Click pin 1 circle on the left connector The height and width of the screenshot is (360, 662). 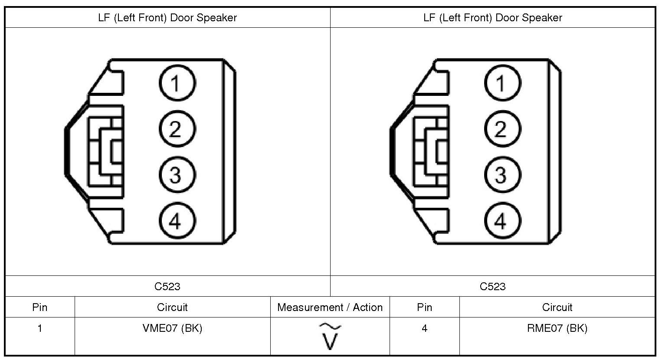[177, 83]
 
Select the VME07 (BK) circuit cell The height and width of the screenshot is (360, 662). [172, 328]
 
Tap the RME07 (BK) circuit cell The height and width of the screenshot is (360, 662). [557, 328]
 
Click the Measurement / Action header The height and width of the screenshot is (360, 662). [330, 308]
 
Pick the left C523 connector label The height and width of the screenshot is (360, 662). [167, 286]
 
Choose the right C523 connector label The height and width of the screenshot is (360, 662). [493, 286]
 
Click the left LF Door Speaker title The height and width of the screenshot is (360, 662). [167, 18]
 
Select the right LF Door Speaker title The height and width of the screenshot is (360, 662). [493, 18]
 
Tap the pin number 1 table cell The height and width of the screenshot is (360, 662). [40, 328]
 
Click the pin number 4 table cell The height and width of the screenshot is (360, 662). [424, 328]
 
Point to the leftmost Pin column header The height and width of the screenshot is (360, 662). [40, 308]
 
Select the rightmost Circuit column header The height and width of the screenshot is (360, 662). [557, 308]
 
